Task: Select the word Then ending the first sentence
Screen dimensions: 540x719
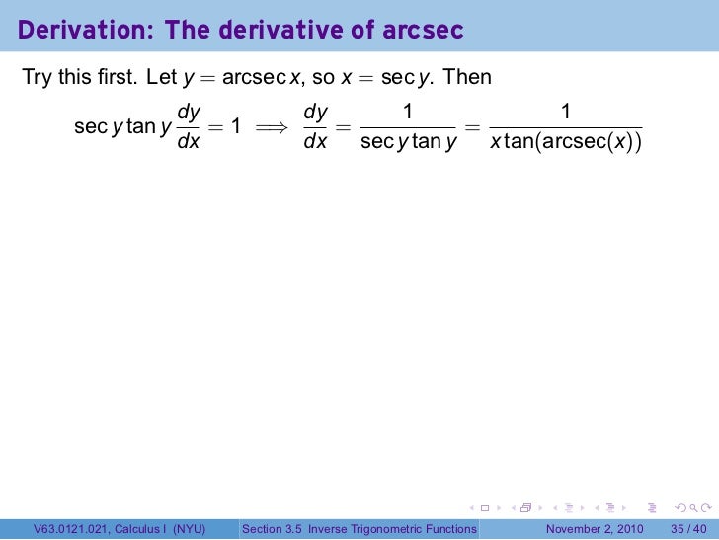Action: click(468, 77)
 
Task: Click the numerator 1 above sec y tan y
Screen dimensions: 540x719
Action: click(408, 113)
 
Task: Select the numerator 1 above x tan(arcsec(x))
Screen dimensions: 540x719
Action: click(565, 113)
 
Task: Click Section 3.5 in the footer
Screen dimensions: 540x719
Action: click(274, 530)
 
